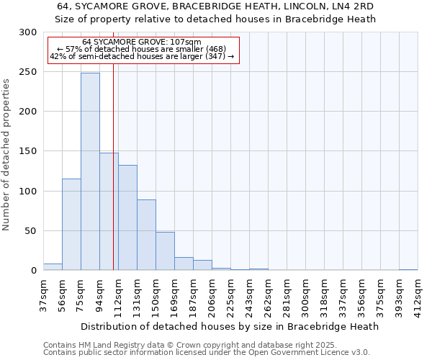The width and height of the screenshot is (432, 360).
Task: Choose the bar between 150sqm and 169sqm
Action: click(165, 251)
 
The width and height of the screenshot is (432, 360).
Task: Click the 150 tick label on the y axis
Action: click(29, 152)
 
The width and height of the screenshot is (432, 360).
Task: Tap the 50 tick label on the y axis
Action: click(32, 231)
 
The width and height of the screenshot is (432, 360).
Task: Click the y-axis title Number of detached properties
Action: click(6, 155)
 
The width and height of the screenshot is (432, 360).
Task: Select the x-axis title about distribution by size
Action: click(229, 326)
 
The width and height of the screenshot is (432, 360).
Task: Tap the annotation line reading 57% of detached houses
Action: click(141, 49)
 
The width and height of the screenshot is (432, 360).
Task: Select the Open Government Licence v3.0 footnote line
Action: click(207, 353)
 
